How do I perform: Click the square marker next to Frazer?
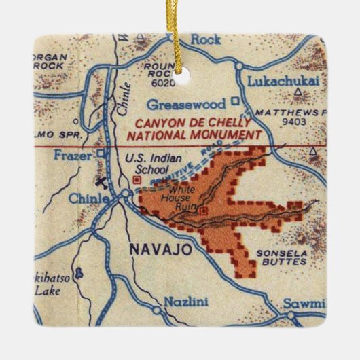(x=101, y=154)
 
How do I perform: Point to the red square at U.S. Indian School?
(x=138, y=180)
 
